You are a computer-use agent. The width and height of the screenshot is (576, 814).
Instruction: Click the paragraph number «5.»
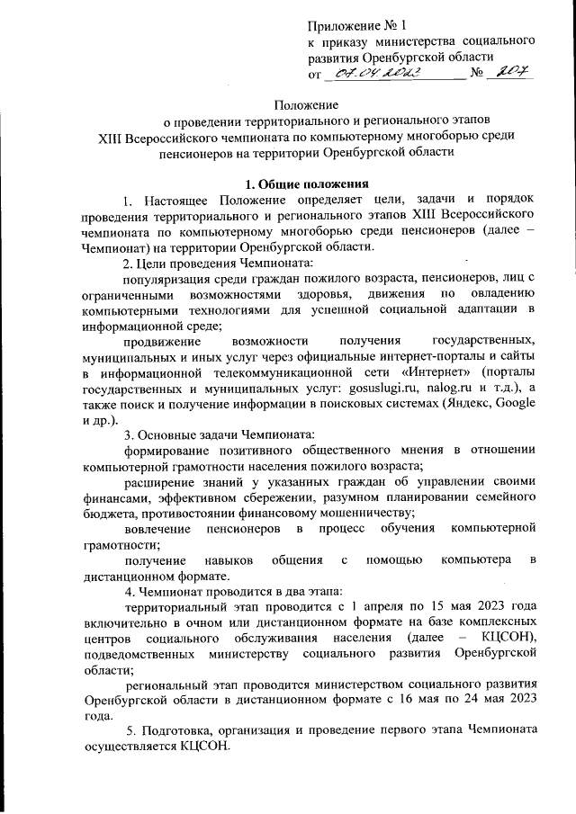131,729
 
